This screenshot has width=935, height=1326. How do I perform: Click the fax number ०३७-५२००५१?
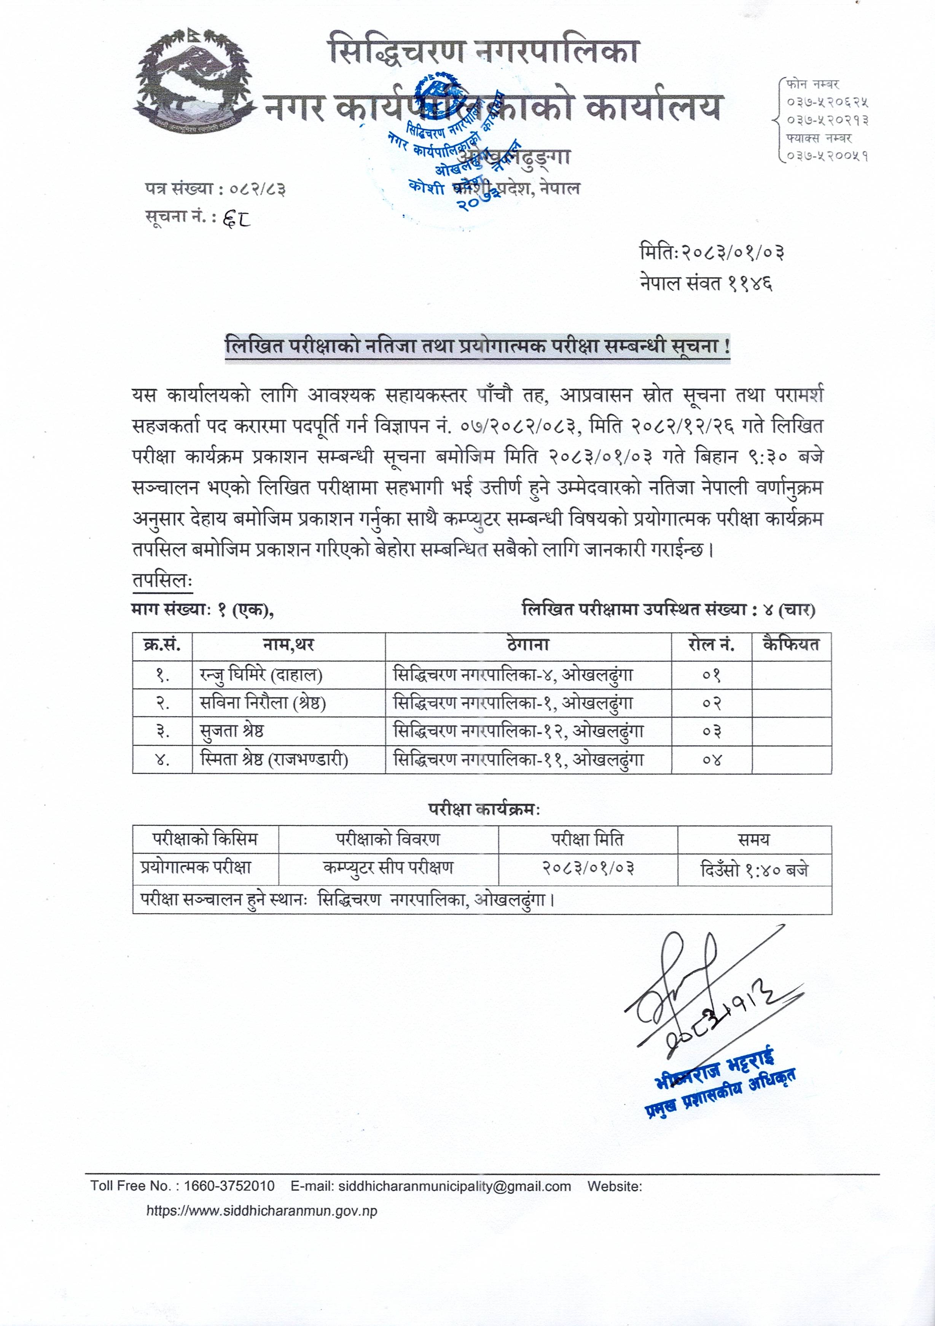tap(827, 156)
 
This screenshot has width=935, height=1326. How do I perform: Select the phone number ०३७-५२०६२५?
tap(827, 102)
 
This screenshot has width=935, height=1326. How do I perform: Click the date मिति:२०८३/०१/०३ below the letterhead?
tap(712, 252)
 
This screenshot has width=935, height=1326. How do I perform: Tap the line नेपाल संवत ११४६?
tap(706, 283)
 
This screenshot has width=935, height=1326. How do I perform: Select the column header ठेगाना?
tap(528, 644)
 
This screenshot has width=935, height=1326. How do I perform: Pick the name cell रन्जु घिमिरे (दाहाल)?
tap(261, 674)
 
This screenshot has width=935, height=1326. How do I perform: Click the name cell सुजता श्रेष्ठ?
tap(232, 731)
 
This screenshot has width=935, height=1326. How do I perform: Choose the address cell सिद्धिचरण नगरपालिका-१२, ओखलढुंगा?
tap(518, 731)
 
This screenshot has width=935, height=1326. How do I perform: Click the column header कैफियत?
tap(791, 644)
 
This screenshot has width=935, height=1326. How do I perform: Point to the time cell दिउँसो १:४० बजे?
tap(754, 869)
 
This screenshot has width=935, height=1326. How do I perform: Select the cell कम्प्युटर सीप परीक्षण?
tap(388, 867)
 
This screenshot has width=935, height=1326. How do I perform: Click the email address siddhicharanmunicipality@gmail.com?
tap(454, 1186)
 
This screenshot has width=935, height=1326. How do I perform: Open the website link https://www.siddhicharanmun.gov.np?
tap(261, 1211)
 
